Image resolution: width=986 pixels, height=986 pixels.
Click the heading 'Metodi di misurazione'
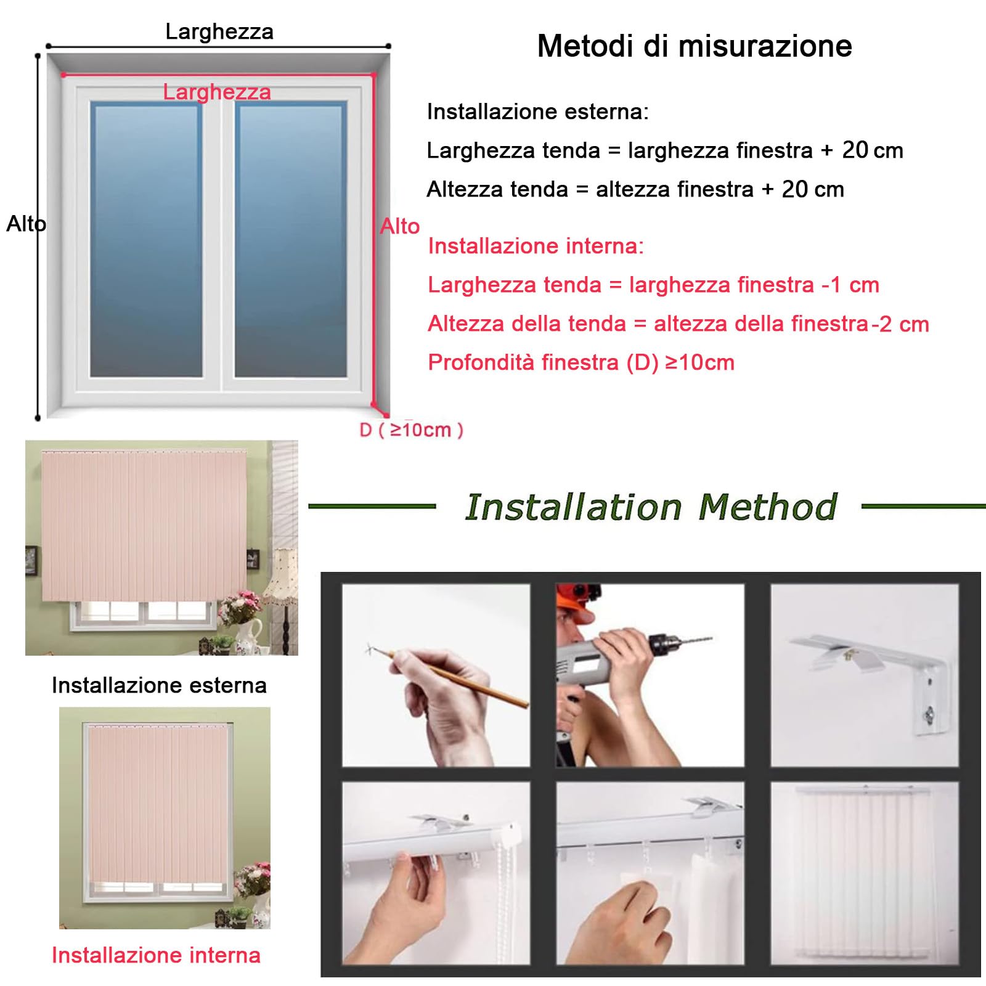(x=695, y=46)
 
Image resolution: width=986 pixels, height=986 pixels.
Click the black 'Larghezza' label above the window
(x=219, y=31)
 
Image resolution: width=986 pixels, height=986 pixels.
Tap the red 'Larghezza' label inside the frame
(x=217, y=92)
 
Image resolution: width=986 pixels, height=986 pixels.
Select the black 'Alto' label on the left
(x=26, y=224)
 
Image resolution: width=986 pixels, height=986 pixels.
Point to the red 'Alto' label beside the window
(x=400, y=226)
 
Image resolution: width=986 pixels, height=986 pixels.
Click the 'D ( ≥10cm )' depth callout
(x=411, y=430)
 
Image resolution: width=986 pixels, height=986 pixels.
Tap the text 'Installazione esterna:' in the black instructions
(x=537, y=112)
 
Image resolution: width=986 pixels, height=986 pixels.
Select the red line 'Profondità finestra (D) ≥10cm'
(x=581, y=362)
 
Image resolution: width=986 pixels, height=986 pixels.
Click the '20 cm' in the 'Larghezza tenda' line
(x=873, y=150)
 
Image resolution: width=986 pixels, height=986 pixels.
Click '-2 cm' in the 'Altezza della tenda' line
(x=900, y=324)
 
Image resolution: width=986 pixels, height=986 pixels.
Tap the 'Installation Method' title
(x=651, y=507)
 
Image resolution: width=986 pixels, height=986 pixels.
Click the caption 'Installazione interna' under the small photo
(x=156, y=955)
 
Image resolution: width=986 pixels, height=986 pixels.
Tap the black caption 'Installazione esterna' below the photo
(x=159, y=685)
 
